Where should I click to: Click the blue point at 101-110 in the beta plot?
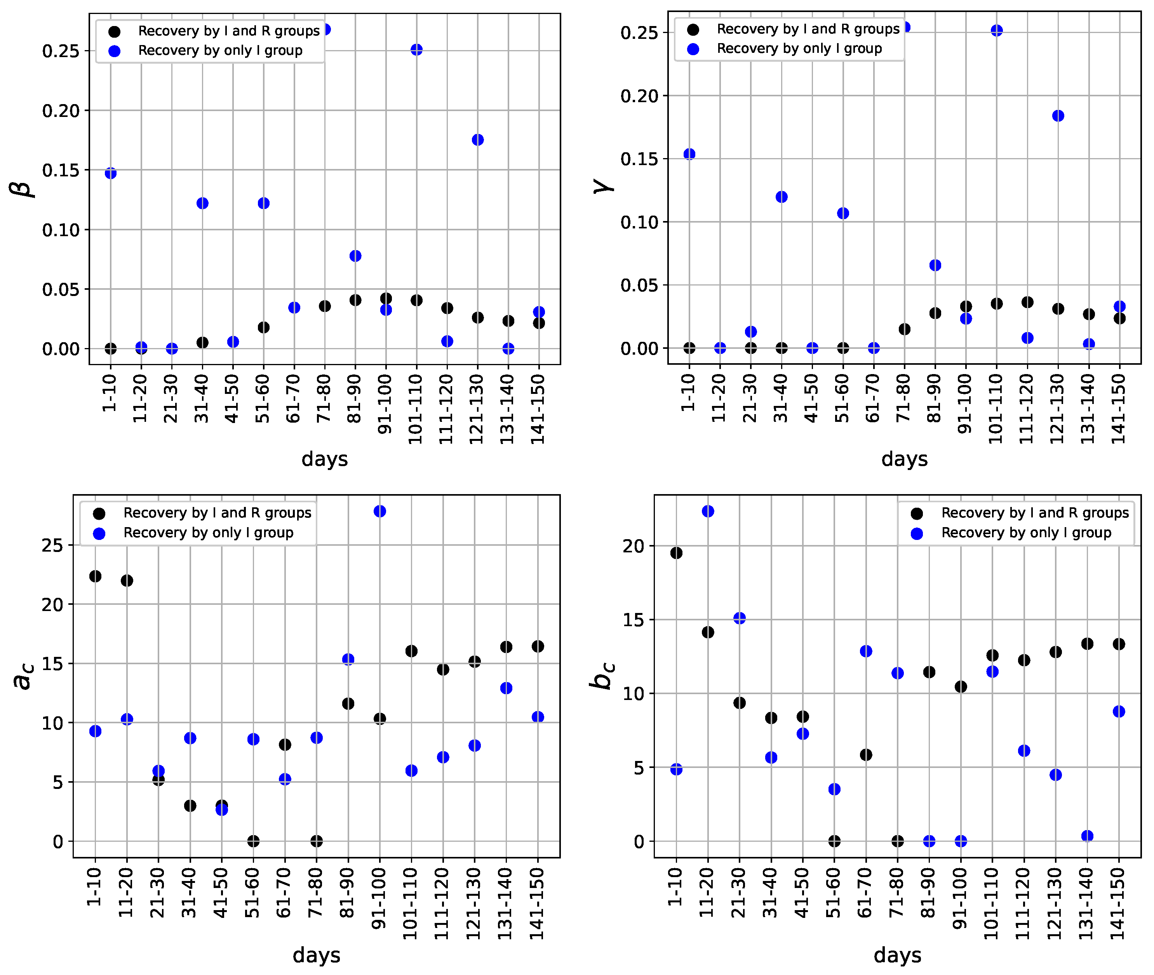[417, 50]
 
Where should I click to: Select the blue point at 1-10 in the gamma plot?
[689, 154]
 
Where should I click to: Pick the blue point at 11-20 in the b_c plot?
[708, 511]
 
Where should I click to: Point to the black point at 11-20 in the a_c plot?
[127, 580]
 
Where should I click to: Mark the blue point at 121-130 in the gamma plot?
[1058, 115]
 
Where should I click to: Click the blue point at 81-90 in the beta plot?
[355, 256]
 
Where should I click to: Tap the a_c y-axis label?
[23, 677]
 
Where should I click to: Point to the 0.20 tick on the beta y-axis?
[61, 111]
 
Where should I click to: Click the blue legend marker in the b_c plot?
[917, 533]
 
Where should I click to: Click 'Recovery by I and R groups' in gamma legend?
[808, 29]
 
